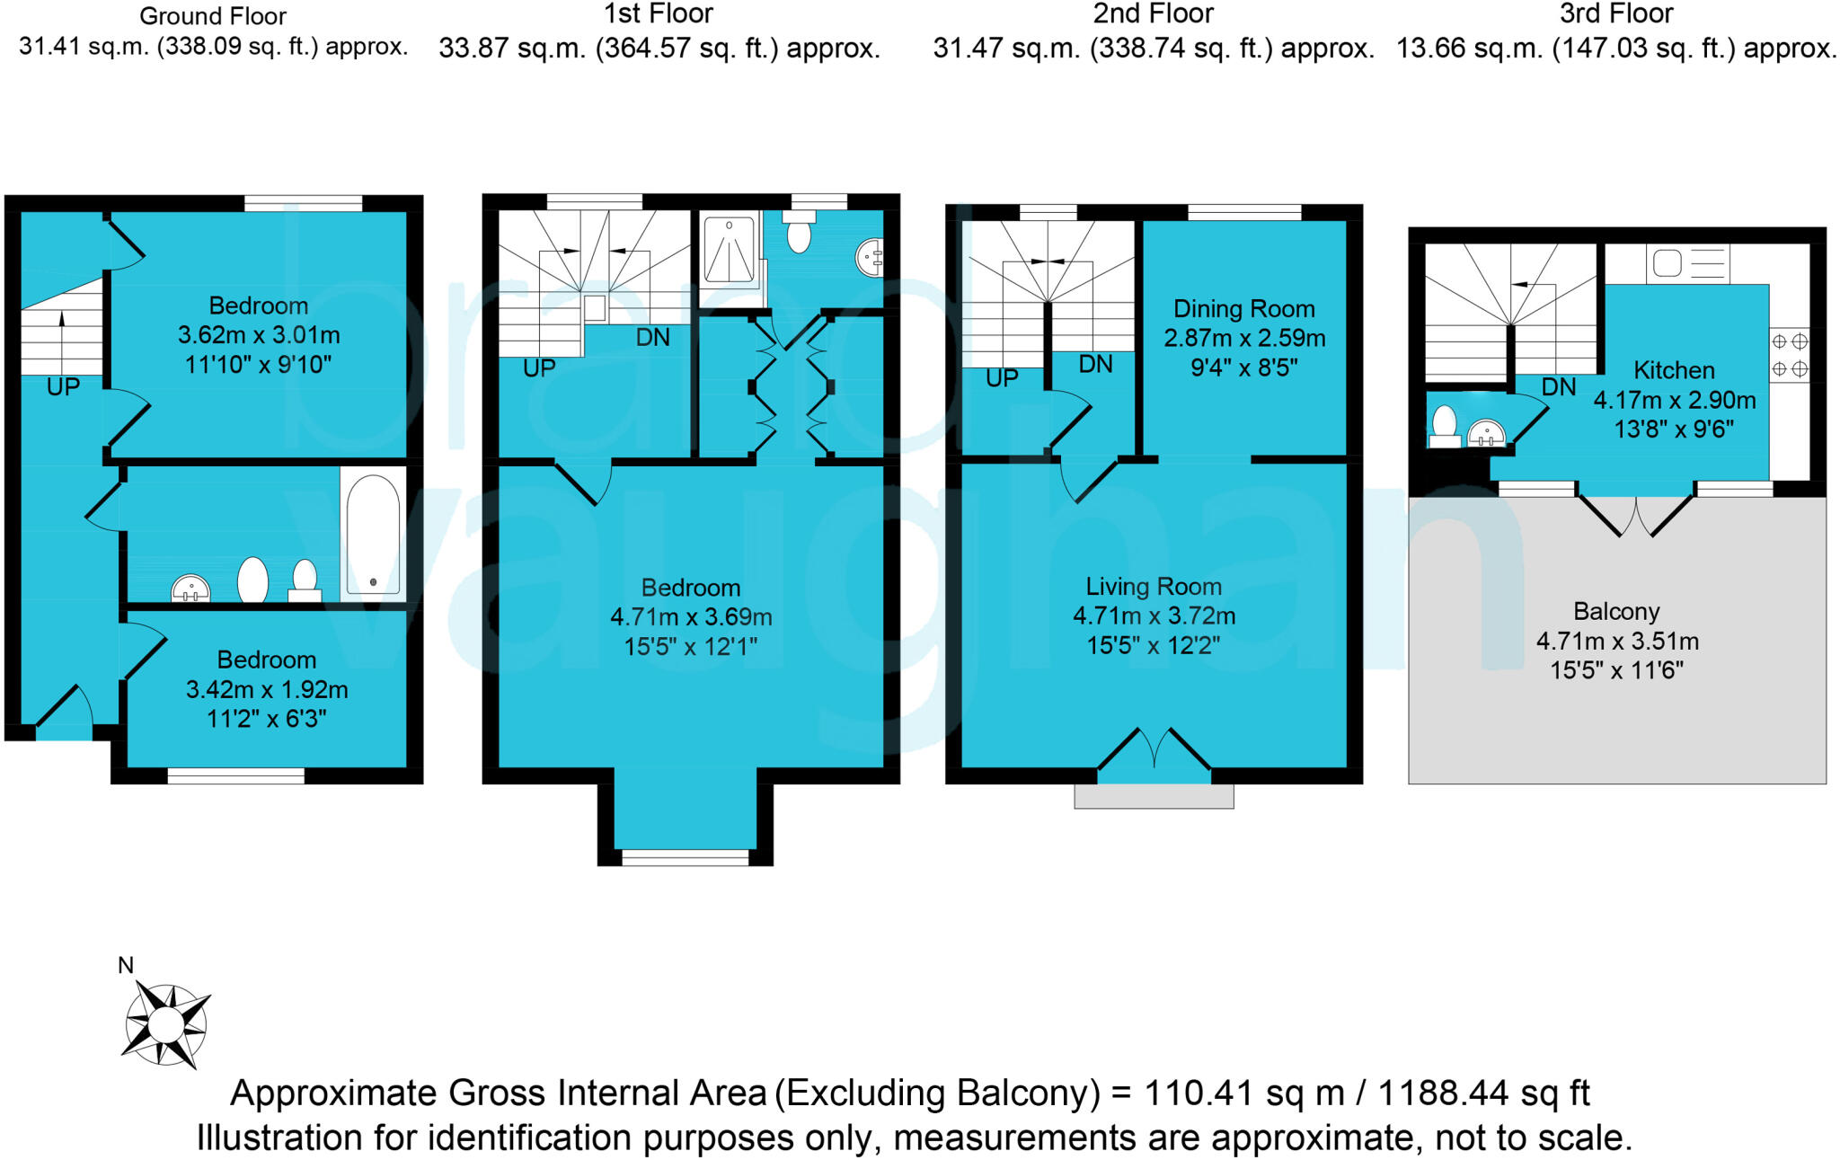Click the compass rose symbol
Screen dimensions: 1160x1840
point(165,1024)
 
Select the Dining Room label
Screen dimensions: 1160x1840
point(1243,309)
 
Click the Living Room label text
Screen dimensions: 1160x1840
point(1154,587)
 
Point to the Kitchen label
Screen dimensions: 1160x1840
point(1673,370)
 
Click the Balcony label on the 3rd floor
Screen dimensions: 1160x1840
point(1615,612)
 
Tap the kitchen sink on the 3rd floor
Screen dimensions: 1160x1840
point(1667,264)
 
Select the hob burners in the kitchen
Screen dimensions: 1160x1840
point(1789,356)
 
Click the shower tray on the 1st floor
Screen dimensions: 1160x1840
point(729,249)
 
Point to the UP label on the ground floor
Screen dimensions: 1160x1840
point(63,387)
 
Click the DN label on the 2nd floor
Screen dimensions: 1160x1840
point(1095,364)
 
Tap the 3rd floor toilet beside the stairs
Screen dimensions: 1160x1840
point(1444,426)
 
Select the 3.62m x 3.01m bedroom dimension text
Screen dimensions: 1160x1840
point(259,335)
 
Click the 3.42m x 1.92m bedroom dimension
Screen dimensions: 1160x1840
point(267,690)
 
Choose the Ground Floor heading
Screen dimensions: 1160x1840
point(213,16)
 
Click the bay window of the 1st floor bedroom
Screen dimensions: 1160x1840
point(686,857)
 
